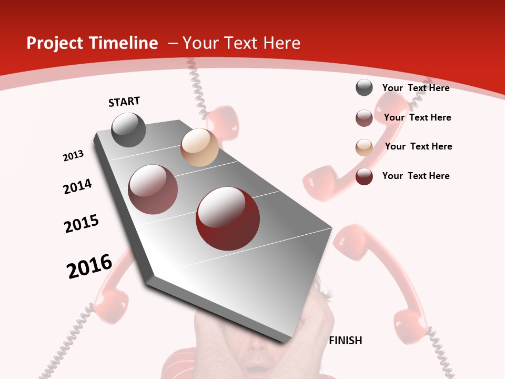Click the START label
124,102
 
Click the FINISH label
346,341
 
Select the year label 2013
74,156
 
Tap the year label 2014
78,186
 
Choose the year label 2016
89,266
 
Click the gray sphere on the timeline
129,130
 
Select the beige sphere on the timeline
199,147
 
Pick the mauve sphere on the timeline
153,189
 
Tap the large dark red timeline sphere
228,218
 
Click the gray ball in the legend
364,88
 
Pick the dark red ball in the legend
364,177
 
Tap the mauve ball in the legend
364,118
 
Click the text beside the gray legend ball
416,88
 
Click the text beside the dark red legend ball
416,176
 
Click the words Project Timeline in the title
92,43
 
